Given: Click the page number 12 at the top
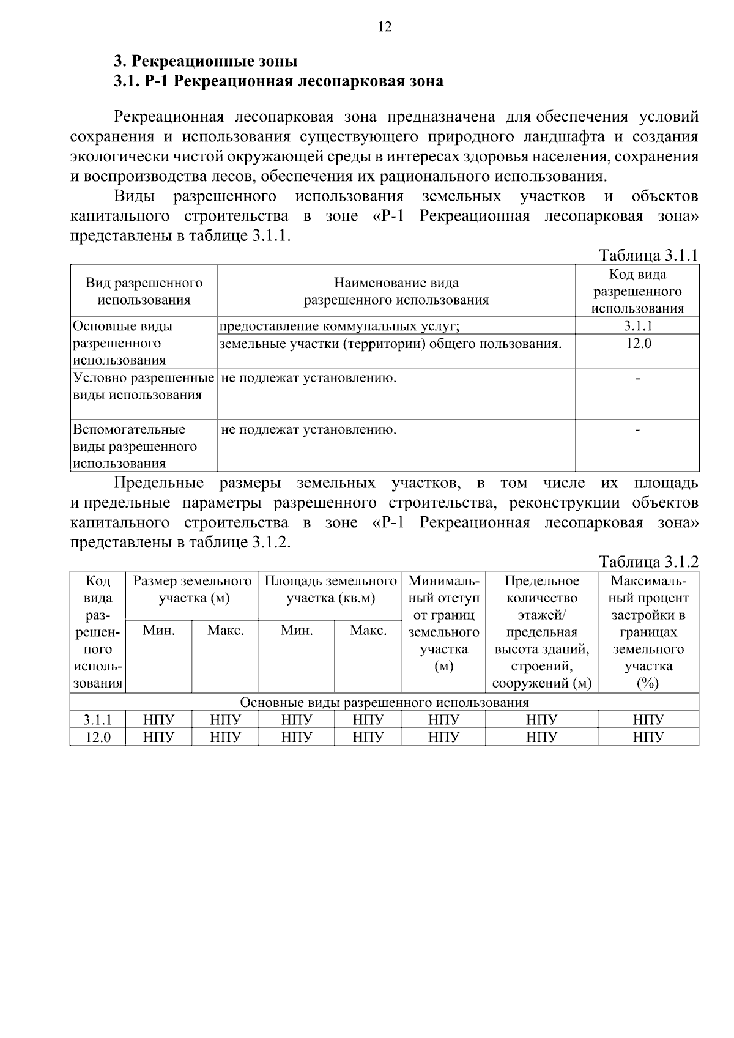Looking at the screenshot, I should click(x=385, y=27).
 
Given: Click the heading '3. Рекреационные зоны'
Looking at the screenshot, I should click(x=206, y=62).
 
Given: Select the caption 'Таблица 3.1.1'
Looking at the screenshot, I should click(x=648, y=255).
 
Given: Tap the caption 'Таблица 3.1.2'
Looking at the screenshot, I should click(x=648, y=561).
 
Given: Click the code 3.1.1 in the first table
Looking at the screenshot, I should click(x=637, y=326).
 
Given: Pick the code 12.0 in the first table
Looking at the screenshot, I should click(x=637, y=343).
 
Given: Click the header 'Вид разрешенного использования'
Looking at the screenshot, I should click(x=144, y=291).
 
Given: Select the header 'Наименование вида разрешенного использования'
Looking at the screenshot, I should click(x=396, y=291).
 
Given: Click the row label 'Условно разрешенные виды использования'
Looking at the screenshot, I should click(x=144, y=387).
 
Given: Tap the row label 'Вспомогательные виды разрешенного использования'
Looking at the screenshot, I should click(x=135, y=446).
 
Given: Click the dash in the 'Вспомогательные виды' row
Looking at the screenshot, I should click(x=637, y=431).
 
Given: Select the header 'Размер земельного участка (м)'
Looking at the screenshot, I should click(x=193, y=589).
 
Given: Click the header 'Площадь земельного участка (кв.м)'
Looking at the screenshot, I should click(x=330, y=589).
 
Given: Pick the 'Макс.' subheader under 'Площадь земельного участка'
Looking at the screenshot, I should click(x=368, y=630).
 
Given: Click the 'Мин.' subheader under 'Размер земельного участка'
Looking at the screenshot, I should click(x=159, y=630).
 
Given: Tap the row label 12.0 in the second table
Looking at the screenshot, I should click(x=98, y=737).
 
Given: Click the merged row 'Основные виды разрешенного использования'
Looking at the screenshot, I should click(x=384, y=702).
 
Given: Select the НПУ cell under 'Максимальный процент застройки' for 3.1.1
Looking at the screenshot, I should click(x=648, y=720).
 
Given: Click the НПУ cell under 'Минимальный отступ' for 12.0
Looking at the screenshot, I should click(x=443, y=737).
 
